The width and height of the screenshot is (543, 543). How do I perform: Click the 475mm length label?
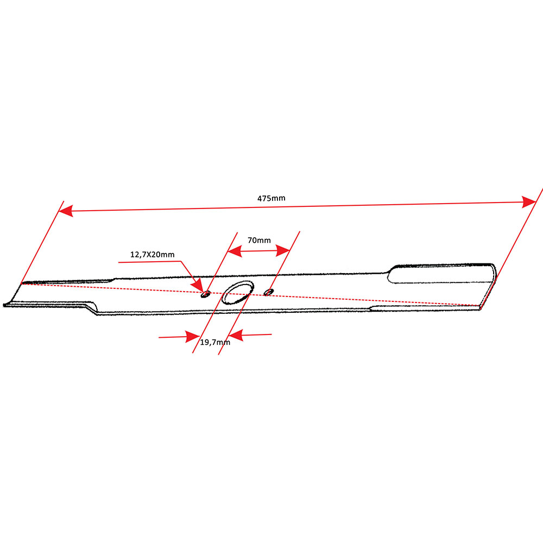pos(271,198)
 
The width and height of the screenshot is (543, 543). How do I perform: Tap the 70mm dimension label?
pos(259,241)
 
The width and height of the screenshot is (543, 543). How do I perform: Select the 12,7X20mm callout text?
pos(153,255)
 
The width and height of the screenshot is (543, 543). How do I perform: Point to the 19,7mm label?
pos(215,343)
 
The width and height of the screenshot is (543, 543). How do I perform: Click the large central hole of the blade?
pos(238,293)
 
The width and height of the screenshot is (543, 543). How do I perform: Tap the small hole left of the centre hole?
pos(206,294)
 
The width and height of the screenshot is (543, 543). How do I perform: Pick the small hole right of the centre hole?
pos(268,292)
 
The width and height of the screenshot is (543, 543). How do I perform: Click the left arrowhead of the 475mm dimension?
pos(66,211)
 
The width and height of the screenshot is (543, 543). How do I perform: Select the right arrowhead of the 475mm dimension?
pos(529,202)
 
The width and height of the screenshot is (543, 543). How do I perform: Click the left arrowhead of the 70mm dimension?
pos(235,251)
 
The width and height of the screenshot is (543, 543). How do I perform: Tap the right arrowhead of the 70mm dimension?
pos(282,250)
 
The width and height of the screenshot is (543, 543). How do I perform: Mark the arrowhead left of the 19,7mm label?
pos(193,337)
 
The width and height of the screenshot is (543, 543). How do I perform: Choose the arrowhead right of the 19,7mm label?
pos(236,335)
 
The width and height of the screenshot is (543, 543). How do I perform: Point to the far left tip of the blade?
pos(4,305)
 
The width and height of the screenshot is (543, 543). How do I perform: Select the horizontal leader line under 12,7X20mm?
pos(150,262)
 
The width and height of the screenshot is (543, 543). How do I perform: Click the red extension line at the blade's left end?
pos(42,242)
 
